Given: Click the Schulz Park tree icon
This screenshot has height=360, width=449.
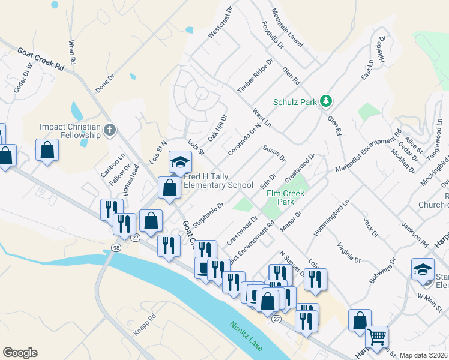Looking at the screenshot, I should tap(326, 101).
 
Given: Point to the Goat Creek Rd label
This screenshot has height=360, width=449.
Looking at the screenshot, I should tap(41, 60).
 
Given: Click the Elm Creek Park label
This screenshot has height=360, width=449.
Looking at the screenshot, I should tap(285, 197).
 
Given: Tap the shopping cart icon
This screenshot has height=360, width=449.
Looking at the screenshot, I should tap(376, 338).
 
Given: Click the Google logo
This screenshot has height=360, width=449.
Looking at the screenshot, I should tap(20, 353).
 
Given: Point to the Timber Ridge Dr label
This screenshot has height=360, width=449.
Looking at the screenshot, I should tap(255, 76).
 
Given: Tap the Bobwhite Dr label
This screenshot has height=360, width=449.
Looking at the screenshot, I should tap(384, 270).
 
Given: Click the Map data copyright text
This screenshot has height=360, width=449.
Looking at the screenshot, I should tap(423, 355).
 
